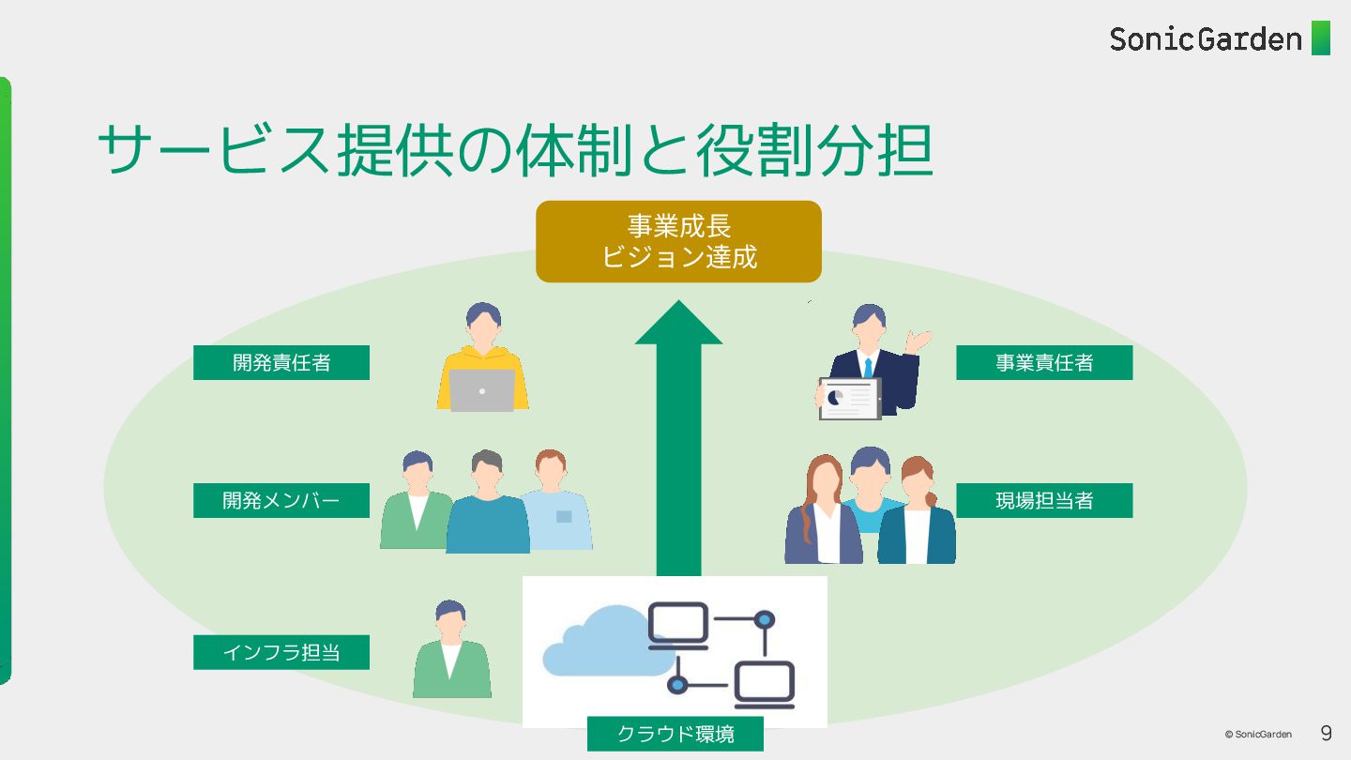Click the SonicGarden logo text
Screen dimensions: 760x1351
[1206, 39]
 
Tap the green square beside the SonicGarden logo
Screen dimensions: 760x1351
[1321, 38]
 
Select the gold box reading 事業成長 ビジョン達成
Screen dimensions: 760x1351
[678, 241]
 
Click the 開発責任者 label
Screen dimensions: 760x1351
[281, 362]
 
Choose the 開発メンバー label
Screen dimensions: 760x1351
[281, 500]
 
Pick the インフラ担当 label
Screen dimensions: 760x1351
[281, 652]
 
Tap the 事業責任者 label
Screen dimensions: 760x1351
[1044, 362]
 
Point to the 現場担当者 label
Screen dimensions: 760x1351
[1044, 500]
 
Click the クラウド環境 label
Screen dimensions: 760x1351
[675, 734]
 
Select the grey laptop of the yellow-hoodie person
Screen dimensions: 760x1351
[482, 390]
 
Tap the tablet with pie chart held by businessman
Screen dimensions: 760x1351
[850, 398]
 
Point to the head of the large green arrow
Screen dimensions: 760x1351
[678, 325]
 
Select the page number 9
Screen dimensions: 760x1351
[1326, 733]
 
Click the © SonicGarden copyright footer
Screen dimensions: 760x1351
[1257, 735]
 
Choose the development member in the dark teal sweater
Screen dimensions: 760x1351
[487, 507]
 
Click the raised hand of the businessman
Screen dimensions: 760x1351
[919, 340]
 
